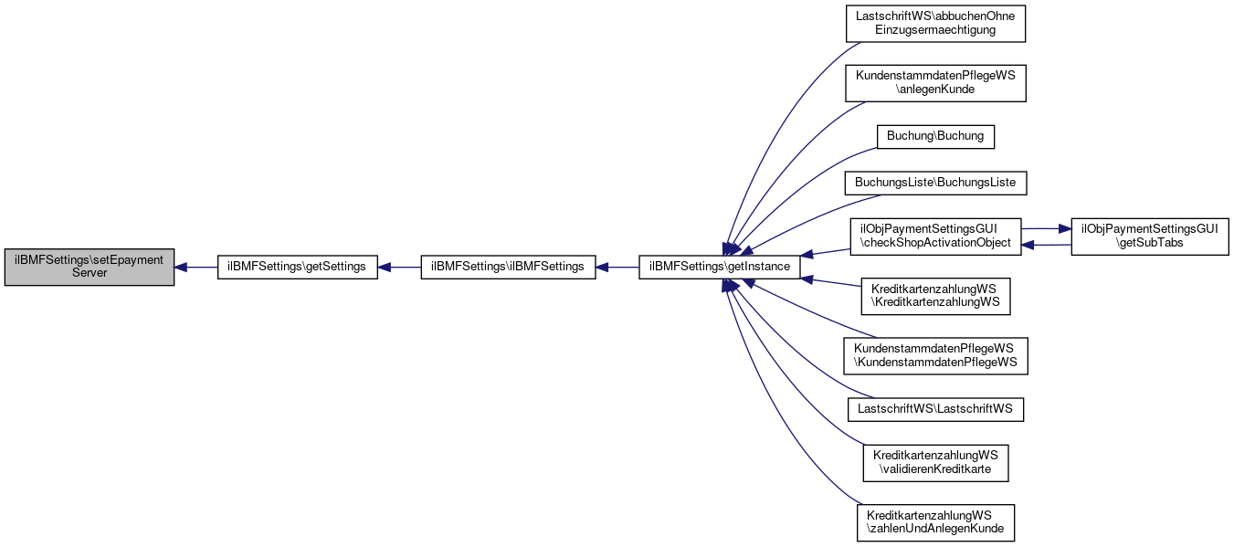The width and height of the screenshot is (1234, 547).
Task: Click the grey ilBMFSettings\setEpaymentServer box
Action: (x=90, y=268)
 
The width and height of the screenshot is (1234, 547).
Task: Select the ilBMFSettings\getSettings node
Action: (x=298, y=268)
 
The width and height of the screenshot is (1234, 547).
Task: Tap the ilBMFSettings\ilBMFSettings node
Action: (x=508, y=268)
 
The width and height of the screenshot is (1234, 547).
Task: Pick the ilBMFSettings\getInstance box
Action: (x=720, y=268)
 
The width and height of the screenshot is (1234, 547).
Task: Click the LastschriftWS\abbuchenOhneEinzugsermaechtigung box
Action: (x=935, y=24)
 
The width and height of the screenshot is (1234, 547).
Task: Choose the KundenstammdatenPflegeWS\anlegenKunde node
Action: (x=935, y=83)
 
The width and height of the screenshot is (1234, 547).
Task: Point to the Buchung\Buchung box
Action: (x=935, y=137)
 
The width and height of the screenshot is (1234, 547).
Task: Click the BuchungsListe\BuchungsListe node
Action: (x=935, y=183)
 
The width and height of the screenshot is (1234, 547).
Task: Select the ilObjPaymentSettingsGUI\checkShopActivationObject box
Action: (x=935, y=237)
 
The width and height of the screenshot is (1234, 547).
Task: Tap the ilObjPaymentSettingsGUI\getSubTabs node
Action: (x=1150, y=237)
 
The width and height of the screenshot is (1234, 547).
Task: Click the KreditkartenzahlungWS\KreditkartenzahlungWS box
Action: (x=935, y=297)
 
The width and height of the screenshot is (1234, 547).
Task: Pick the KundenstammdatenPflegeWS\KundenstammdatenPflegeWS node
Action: (x=935, y=356)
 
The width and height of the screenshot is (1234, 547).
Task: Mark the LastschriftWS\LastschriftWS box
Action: (x=935, y=410)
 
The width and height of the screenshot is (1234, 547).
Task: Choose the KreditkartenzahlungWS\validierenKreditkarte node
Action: (x=935, y=463)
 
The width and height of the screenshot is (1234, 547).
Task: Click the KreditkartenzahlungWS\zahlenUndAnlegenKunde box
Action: (x=935, y=522)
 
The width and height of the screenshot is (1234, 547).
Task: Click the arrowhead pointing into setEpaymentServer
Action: (x=180, y=268)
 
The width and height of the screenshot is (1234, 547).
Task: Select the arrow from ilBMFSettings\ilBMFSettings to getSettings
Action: (x=399, y=268)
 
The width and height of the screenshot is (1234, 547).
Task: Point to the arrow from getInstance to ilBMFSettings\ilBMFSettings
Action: (x=617, y=268)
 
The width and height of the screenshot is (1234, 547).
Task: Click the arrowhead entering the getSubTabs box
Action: (x=1065, y=228)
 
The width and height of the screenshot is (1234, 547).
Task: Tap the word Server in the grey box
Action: (x=90, y=273)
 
